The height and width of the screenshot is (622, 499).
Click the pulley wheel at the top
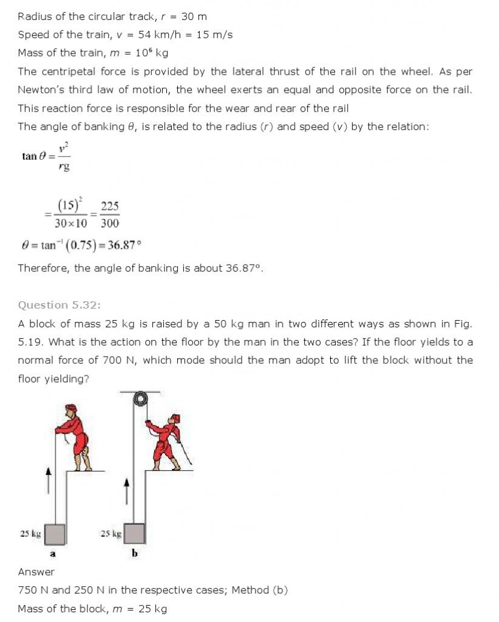click(141, 398)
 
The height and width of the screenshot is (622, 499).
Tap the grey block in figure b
click(134, 533)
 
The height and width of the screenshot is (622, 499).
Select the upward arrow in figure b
click(126, 489)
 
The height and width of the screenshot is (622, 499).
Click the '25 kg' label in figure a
click(30, 534)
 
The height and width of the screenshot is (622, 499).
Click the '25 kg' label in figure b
click(110, 534)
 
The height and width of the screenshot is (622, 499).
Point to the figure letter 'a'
click(52, 553)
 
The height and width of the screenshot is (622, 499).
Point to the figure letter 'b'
click(134, 553)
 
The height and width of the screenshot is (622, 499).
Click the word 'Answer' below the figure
click(36, 572)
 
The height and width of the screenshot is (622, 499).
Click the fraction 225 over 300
click(110, 214)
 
